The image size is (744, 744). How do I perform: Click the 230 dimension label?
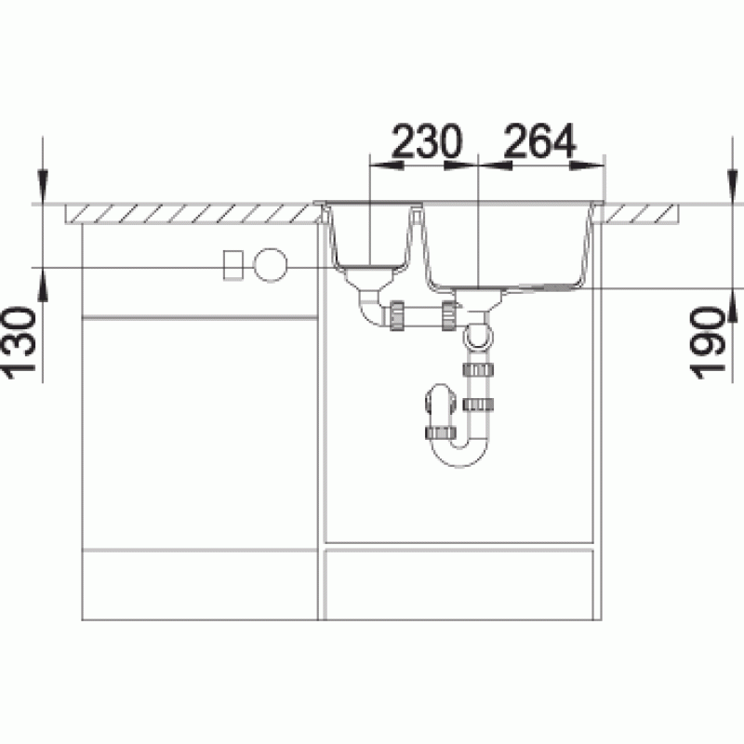click(x=427, y=141)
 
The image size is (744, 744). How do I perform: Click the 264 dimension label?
click(x=540, y=141)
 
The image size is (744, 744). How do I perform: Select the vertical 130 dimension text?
click(x=20, y=343)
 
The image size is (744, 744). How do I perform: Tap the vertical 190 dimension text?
click(x=708, y=343)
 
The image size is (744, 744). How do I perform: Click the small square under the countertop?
click(x=233, y=265)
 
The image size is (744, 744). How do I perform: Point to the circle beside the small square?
click(x=270, y=265)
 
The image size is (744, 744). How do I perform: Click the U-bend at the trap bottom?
click(x=459, y=451)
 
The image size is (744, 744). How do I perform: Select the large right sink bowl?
click(x=508, y=246)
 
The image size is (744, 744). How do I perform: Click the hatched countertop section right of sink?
click(x=640, y=214)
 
